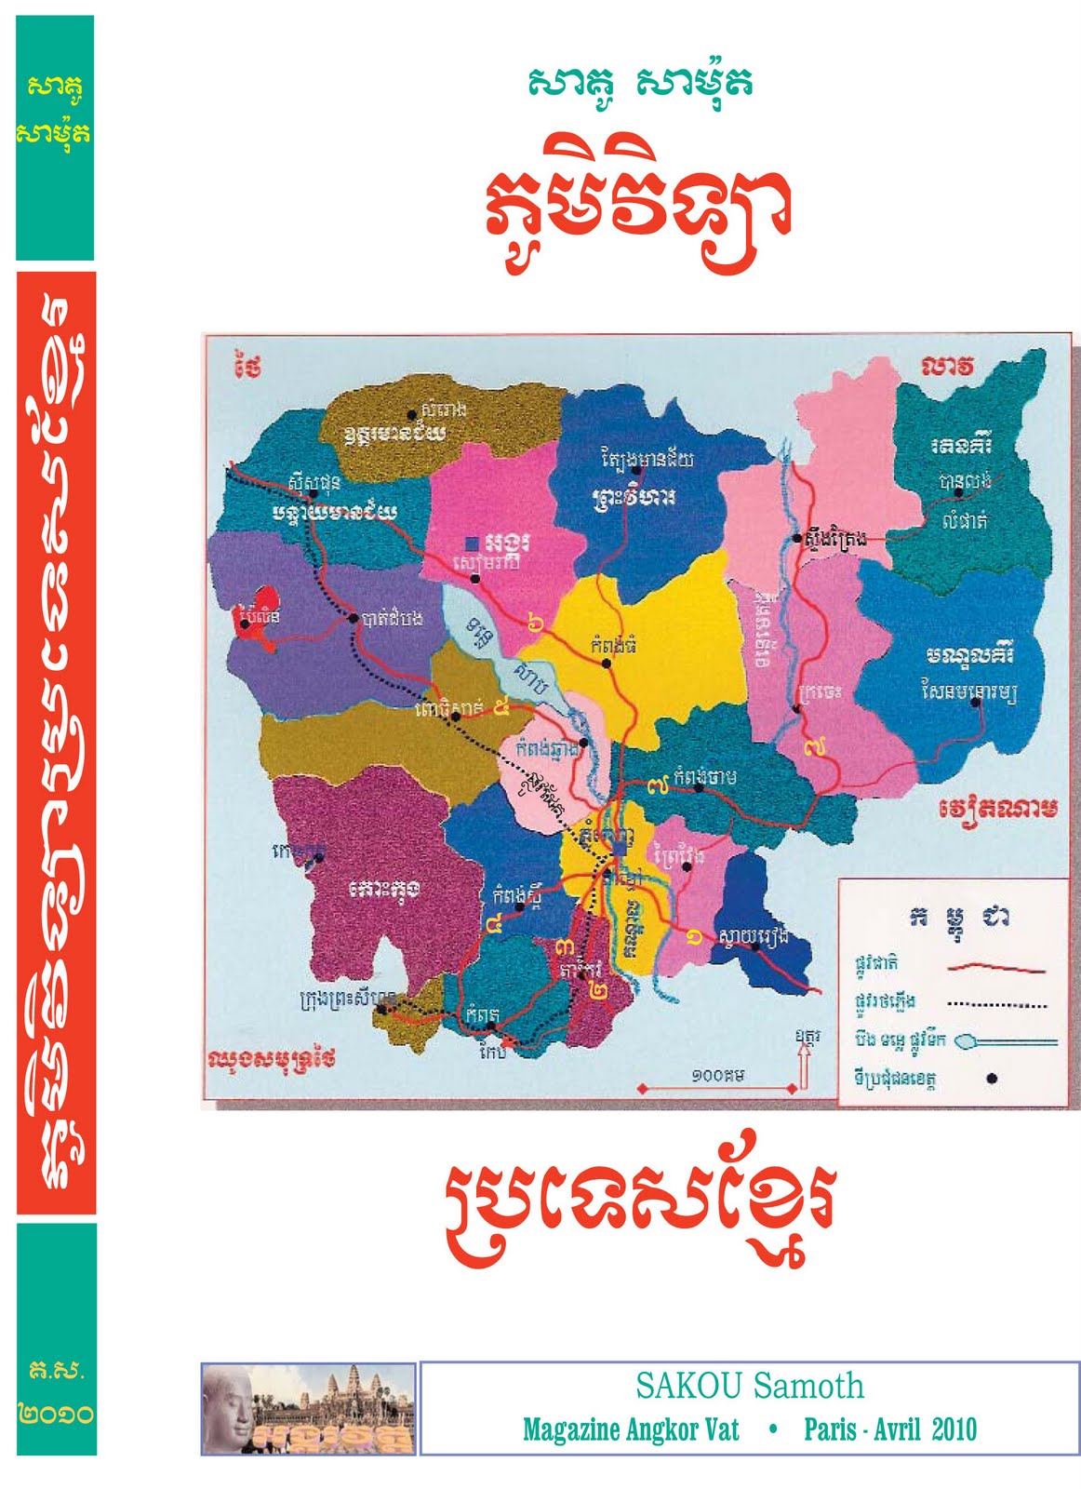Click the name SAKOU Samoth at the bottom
[x=749, y=1386]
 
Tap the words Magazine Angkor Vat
[x=631, y=1429]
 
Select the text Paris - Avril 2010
[x=890, y=1429]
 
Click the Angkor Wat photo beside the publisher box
[x=308, y=1408]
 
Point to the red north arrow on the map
[x=804, y=1065]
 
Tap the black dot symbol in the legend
[x=992, y=1079]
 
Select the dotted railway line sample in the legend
[x=997, y=1005]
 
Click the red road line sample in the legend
[x=995, y=968]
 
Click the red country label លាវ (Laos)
[x=948, y=367]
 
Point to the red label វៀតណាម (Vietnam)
[x=998, y=808]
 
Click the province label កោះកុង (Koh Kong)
[x=384, y=889]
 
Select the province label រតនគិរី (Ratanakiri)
[x=961, y=445]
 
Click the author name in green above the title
[x=639, y=83]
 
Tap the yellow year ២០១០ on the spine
[x=56, y=1414]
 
